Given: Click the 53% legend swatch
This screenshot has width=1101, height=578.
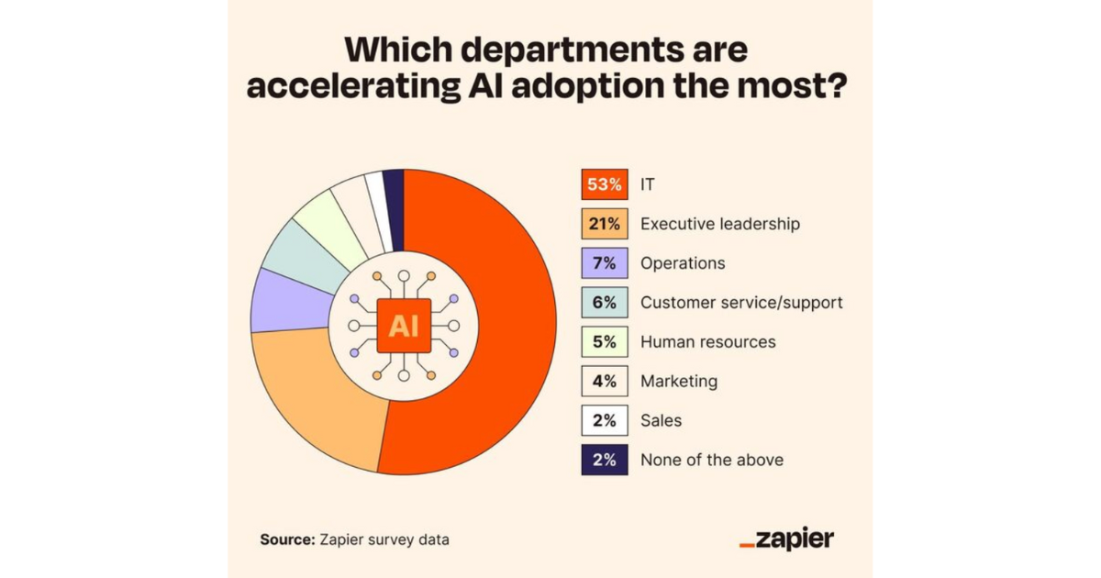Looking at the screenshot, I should tap(604, 184).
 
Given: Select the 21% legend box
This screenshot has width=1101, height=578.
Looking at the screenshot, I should tap(604, 224).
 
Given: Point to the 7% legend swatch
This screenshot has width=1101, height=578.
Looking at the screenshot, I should tap(604, 263).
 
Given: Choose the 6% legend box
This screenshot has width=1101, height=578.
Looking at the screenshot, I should tap(604, 303).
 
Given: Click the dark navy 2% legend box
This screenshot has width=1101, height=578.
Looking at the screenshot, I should tap(604, 460).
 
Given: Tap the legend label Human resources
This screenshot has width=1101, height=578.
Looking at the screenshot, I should tap(707, 342).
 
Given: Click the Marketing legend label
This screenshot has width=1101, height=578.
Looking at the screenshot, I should tap(679, 381).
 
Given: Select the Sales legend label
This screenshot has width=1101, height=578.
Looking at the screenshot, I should tap(661, 420).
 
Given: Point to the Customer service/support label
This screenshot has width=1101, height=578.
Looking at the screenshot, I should tap(741, 303).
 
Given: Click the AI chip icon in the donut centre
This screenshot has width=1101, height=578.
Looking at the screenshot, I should tap(404, 326).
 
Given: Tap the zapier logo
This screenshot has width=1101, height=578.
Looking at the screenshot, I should tap(786, 539).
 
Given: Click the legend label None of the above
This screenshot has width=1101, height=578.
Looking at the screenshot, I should tap(712, 460).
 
